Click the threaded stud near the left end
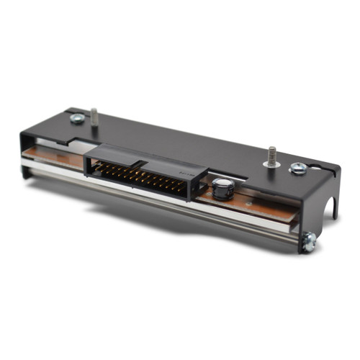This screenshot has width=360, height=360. [94, 116]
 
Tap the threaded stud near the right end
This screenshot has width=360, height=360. [273, 156]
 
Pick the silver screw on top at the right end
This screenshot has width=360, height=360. [297, 169]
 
